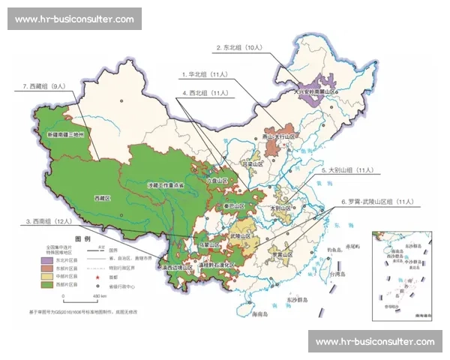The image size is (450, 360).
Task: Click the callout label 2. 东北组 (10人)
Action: pyautogui.click(x=238, y=47)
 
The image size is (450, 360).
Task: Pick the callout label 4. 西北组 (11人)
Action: pyautogui.click(x=205, y=93)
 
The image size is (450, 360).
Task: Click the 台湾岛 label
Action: pyautogui.click(x=338, y=274)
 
